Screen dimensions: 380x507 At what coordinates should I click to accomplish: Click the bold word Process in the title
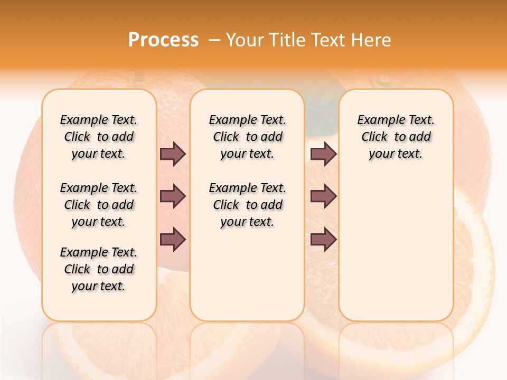163,40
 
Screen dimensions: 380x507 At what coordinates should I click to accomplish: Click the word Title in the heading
286,40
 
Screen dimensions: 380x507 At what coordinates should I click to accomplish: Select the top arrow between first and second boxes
173,154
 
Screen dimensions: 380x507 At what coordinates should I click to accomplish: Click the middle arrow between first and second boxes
173,196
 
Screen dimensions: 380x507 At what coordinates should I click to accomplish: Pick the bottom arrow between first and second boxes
173,239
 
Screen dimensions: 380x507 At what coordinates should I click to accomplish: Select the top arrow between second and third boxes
323,154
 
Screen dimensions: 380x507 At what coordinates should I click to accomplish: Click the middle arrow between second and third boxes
323,196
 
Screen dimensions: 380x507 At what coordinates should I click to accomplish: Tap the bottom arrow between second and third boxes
323,239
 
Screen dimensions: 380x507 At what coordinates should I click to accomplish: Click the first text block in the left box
99,137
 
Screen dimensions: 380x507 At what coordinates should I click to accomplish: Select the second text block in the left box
99,205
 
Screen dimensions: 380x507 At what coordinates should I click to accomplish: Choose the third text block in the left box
99,269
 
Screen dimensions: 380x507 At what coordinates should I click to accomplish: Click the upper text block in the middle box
247,137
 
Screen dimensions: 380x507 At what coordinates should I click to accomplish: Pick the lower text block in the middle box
247,205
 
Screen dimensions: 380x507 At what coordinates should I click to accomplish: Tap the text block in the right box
396,137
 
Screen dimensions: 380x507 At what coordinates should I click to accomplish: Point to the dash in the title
214,40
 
